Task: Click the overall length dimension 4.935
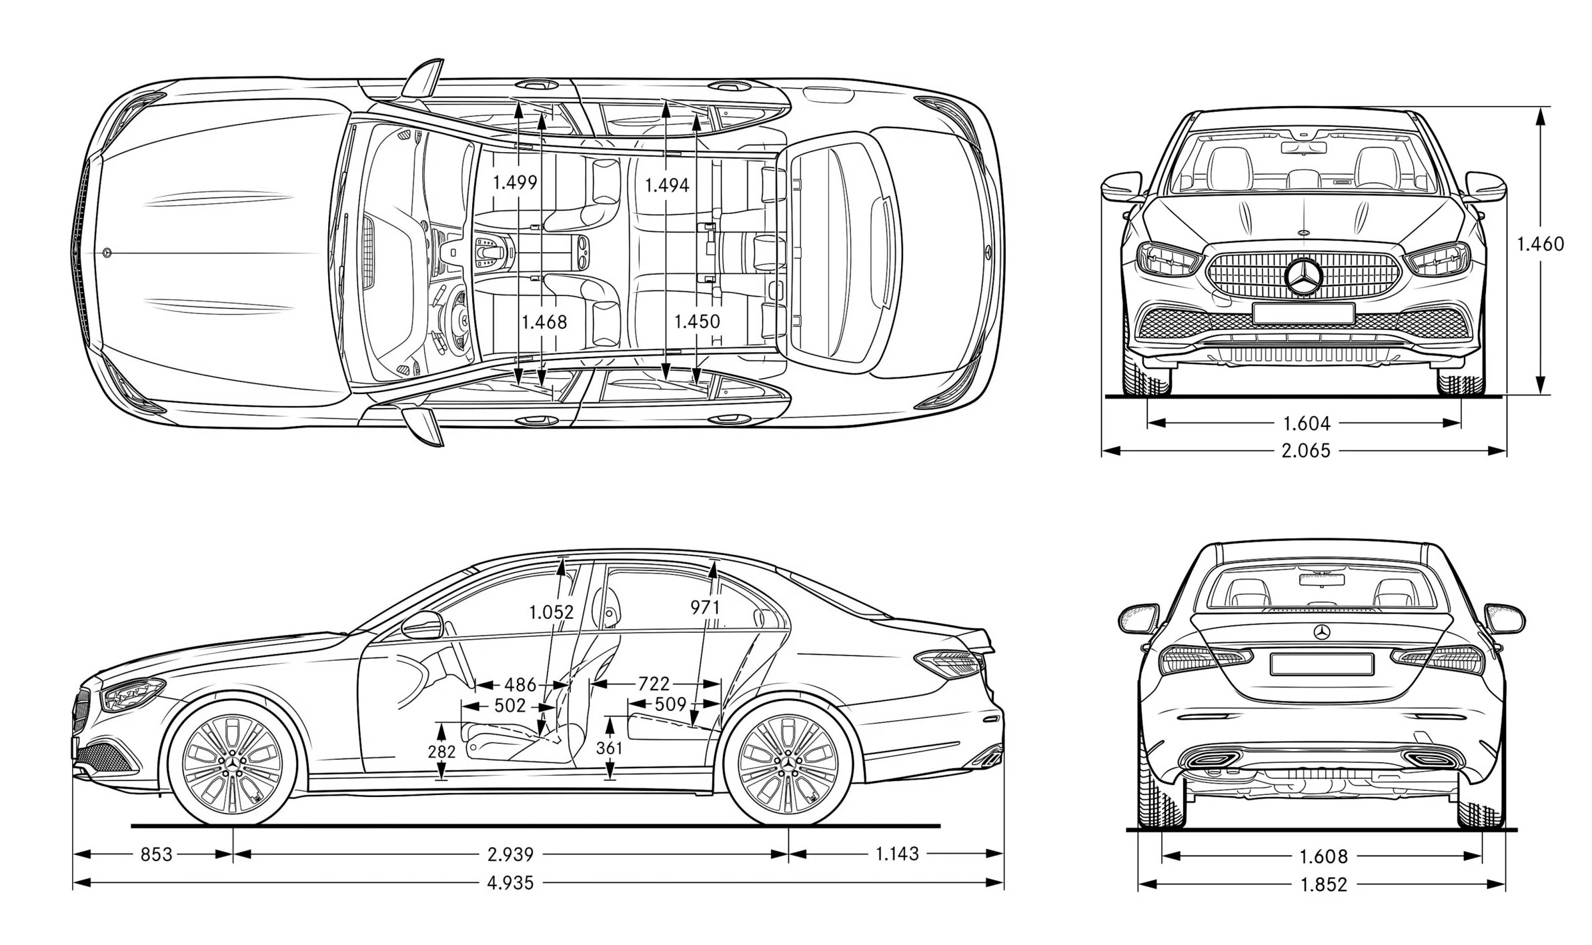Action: coord(510,883)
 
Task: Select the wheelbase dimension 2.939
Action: coord(510,854)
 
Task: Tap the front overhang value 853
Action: coord(156,854)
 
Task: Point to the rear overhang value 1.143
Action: coord(897,854)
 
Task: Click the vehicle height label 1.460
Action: coord(1540,244)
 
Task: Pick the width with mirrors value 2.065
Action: coord(1305,451)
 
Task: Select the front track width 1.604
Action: coord(1306,423)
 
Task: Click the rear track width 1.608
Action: coord(1323,856)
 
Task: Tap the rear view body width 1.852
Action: coord(1323,885)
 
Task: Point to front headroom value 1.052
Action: coord(551,612)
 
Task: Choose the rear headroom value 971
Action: coord(705,607)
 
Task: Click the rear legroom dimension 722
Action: coord(653,684)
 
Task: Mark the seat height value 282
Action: coord(441,752)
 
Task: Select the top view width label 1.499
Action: coord(515,183)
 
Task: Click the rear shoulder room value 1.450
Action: coord(697,321)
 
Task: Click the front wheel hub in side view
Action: coord(233,762)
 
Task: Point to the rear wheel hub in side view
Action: coord(788,762)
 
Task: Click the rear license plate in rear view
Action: coord(1321,664)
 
